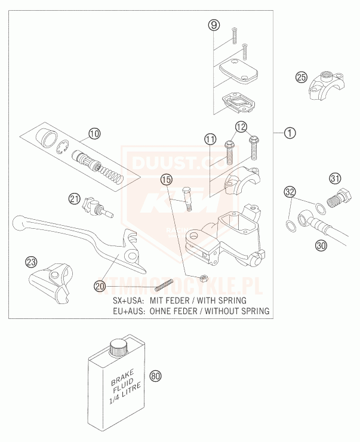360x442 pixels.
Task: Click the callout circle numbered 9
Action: coord(214,25)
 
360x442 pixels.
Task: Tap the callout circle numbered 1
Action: coord(290,133)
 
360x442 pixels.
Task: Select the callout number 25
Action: coord(301,77)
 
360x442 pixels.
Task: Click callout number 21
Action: coord(73,198)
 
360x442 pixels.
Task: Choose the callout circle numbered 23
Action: coord(30,262)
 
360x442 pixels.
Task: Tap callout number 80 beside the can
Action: coord(156,376)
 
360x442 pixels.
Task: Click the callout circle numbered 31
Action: coord(335,177)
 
